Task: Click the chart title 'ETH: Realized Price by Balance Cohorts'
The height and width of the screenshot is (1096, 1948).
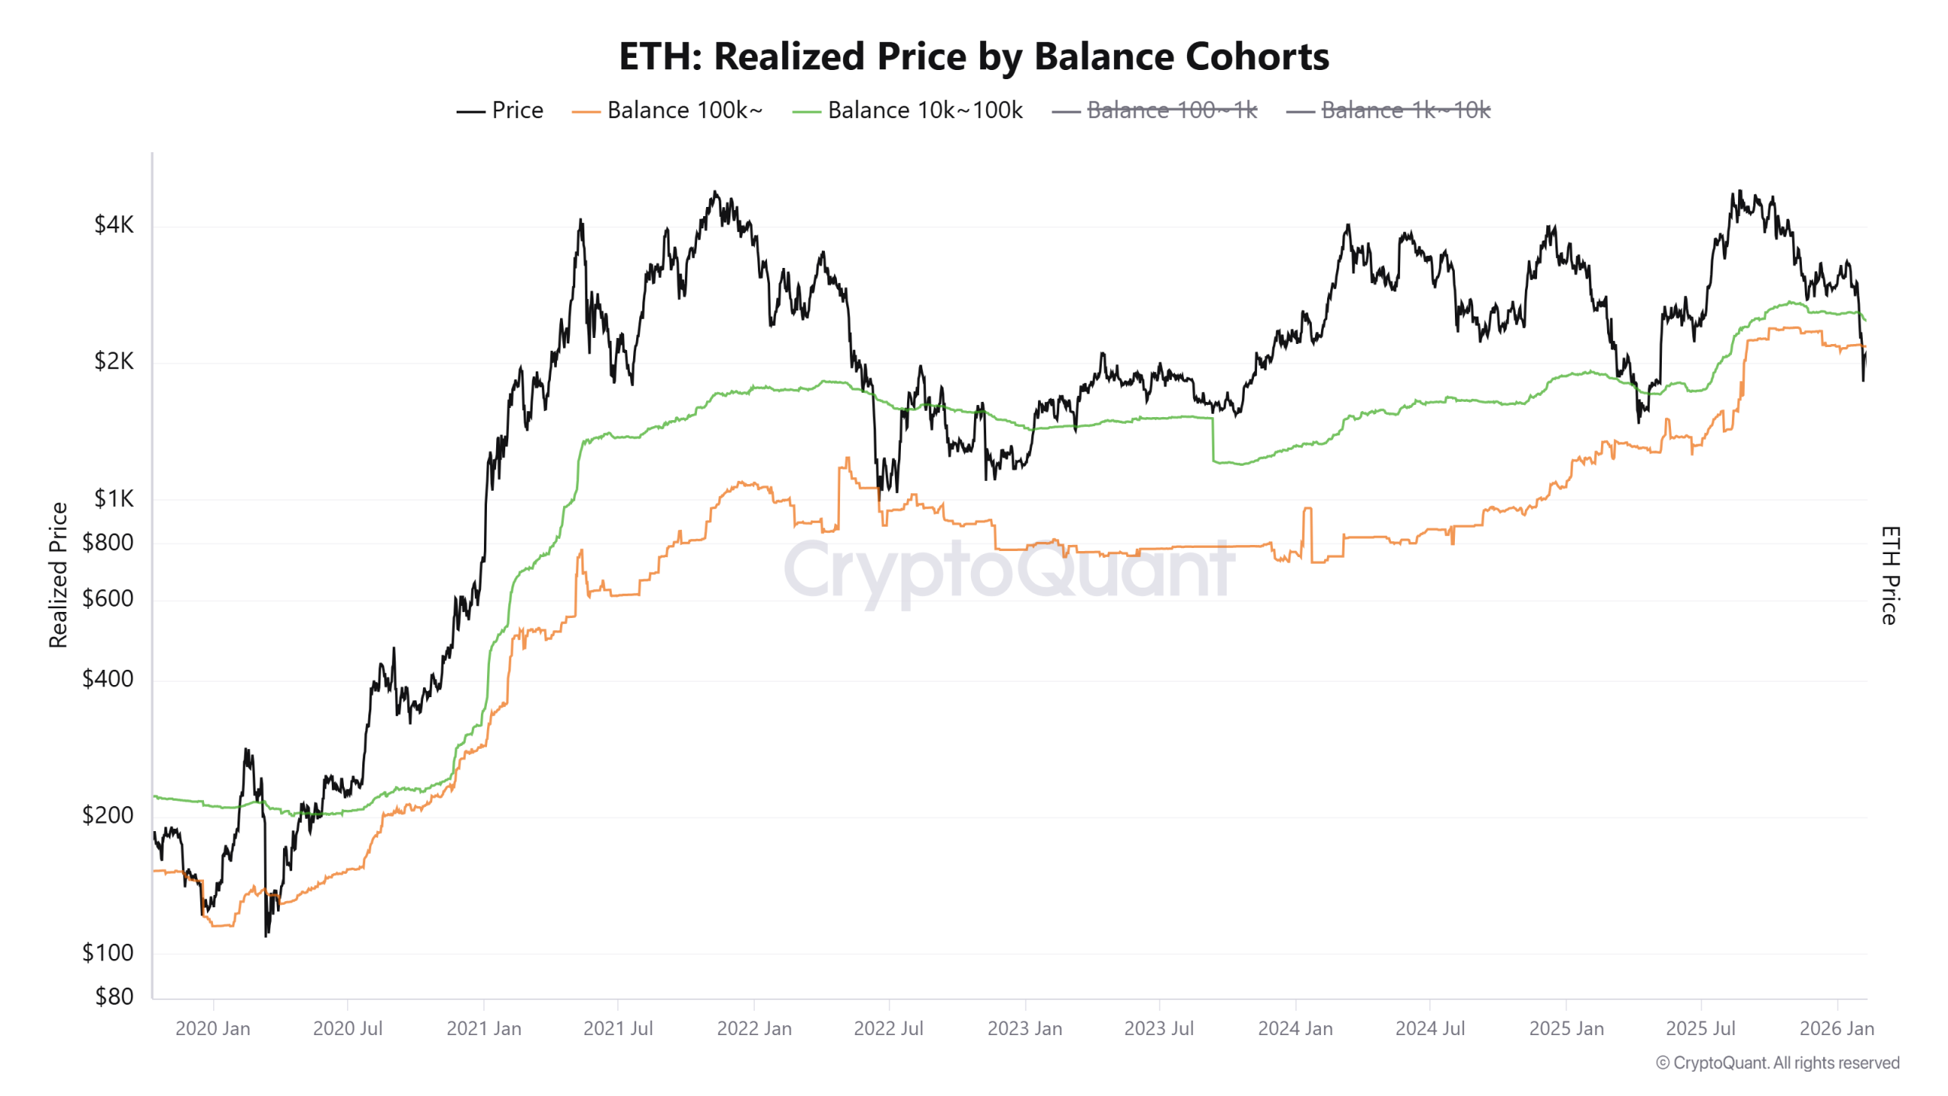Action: [973, 56]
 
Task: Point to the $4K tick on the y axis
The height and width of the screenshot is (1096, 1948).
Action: [113, 225]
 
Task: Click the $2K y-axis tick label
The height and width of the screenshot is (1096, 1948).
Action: [113, 361]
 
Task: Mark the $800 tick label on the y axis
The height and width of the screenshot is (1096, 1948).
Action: [107, 542]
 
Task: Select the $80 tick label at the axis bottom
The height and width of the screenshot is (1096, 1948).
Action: [113, 996]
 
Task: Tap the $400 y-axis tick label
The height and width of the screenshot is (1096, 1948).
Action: [107, 678]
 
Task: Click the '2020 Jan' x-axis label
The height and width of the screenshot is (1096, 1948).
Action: [212, 1028]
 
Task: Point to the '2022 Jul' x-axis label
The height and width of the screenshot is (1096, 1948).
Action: [888, 1028]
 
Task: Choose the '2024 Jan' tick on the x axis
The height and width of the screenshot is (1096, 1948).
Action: [1295, 1028]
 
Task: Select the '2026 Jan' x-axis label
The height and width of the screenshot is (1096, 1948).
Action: [1836, 1028]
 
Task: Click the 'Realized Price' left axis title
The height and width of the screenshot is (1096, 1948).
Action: [59, 575]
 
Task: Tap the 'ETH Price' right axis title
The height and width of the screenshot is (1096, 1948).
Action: [1890, 575]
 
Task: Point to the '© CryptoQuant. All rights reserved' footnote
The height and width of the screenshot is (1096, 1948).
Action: [1778, 1063]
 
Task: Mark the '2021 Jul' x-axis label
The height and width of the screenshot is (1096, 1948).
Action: [618, 1028]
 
